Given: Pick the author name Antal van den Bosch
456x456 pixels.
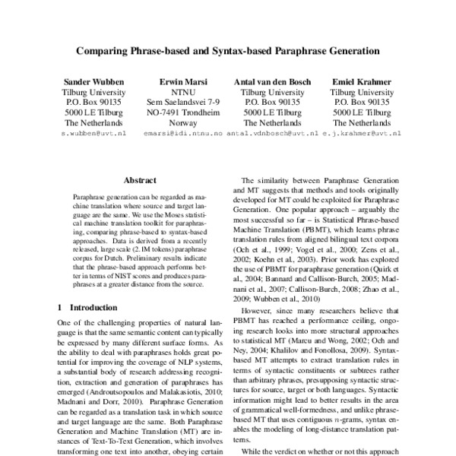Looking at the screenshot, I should point(271,81).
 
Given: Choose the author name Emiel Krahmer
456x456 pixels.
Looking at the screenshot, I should point(362,81).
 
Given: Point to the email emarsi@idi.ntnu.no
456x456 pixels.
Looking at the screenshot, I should point(182,133).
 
